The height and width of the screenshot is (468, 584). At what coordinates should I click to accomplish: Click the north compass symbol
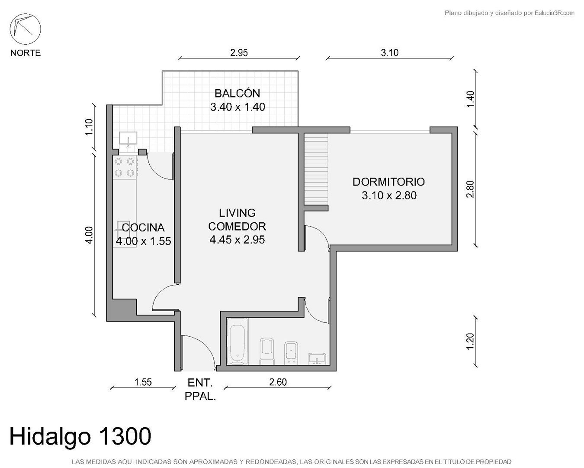(25, 29)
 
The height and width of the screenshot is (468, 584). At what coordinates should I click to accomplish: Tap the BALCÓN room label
(237, 93)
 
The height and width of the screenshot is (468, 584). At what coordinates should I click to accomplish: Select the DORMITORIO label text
(388, 182)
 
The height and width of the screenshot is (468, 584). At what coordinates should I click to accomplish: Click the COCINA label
(143, 227)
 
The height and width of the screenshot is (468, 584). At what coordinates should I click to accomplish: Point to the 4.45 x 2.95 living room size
(237, 240)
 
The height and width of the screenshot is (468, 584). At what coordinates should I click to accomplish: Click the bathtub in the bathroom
(237, 341)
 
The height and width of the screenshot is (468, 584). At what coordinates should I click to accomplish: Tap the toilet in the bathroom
(267, 351)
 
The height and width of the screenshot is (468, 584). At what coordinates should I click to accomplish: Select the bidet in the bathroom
(291, 353)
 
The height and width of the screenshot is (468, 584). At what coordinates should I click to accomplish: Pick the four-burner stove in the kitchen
(125, 167)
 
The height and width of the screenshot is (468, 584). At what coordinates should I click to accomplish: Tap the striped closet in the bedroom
(316, 169)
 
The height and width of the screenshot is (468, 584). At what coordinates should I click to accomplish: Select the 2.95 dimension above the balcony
(239, 53)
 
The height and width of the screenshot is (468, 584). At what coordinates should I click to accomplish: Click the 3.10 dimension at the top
(390, 53)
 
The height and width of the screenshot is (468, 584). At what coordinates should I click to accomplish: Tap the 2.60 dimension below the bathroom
(278, 382)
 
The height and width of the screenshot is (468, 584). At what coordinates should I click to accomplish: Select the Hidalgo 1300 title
(80, 436)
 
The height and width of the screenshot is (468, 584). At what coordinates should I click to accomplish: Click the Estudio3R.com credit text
(509, 13)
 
